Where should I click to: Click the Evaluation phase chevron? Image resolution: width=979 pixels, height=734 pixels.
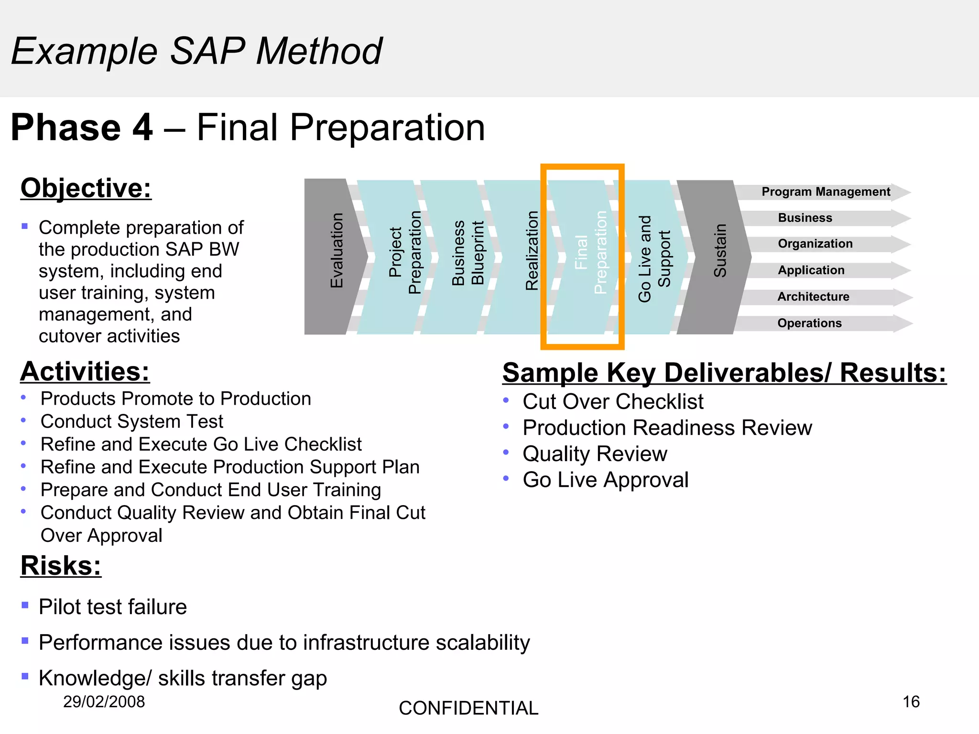point(335,257)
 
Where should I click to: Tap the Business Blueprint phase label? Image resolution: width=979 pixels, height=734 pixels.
point(468,253)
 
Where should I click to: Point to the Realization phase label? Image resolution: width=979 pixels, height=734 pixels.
point(532,251)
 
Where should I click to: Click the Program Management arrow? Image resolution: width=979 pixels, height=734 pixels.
point(825,192)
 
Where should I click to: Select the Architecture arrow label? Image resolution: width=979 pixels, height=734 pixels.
point(813,297)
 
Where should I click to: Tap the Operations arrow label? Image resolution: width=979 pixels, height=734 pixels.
point(809,323)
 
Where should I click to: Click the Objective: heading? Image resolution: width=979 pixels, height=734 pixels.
point(86,188)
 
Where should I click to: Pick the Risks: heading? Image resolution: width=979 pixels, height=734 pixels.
point(61,566)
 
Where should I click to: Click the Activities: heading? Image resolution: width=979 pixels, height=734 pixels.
point(85,372)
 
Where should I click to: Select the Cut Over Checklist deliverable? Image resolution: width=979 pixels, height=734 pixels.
point(613,401)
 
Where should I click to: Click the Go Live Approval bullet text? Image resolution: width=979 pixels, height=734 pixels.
point(605,480)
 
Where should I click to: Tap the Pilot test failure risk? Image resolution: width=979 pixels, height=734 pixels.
point(113,607)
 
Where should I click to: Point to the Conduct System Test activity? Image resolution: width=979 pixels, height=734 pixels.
point(132,421)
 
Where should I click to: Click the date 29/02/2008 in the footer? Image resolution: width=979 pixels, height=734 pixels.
point(104,702)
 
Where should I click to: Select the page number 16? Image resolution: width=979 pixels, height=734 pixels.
point(911,702)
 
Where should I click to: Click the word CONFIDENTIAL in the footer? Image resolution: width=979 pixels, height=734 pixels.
point(468,708)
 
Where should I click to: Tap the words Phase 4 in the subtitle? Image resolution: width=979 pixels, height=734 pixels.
point(81,128)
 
